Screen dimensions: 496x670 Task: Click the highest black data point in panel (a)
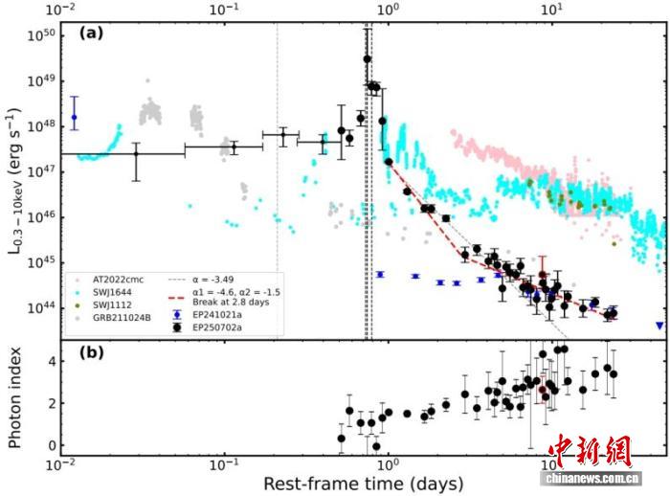[368, 59]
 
